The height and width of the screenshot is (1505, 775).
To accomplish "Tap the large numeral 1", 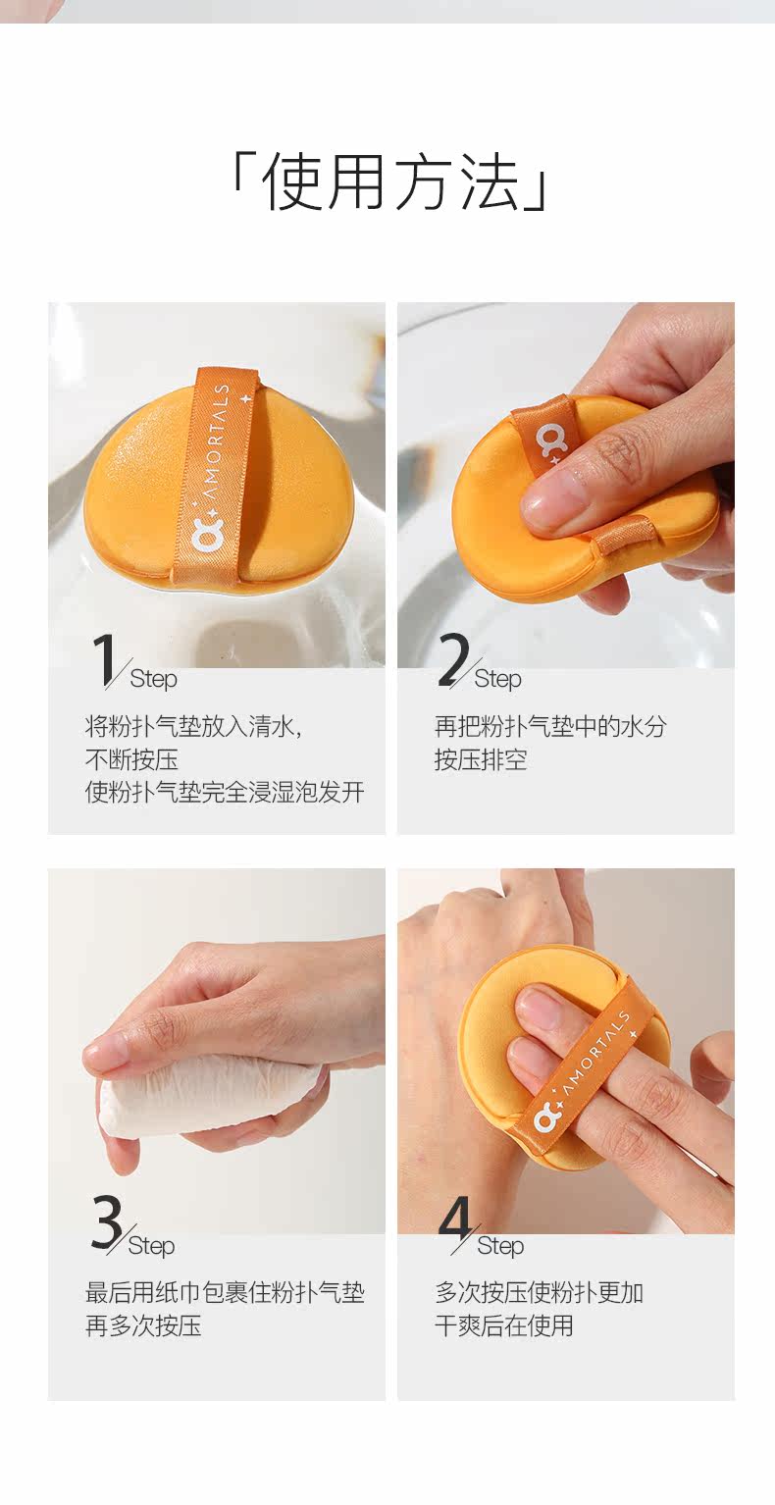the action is (106, 661).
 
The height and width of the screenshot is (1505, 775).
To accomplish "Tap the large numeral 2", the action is (454, 659).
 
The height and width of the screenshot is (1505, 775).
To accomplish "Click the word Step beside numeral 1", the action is (154, 679).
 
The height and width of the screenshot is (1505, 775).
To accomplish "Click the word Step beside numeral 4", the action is (500, 1246).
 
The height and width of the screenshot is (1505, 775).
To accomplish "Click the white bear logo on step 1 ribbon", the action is (204, 535).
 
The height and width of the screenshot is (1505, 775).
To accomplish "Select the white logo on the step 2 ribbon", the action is (551, 440).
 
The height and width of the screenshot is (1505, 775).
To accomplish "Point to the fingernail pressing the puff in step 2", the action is (550, 500).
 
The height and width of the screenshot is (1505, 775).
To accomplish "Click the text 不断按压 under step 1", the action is (131, 759).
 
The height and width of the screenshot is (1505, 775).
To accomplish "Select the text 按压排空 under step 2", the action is (480, 759).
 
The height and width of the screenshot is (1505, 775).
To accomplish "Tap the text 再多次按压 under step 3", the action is (143, 1326).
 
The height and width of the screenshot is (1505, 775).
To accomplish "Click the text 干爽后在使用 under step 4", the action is (503, 1326).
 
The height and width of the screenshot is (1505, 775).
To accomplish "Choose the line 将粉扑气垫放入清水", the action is (189, 726).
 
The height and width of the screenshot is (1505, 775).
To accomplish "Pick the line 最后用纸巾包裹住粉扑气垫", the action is (225, 1293).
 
